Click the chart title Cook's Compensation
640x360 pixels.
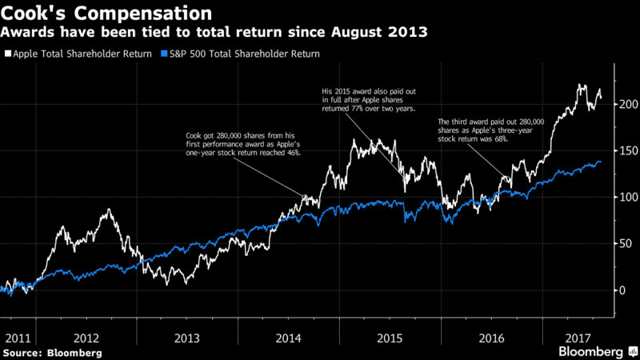(107, 14)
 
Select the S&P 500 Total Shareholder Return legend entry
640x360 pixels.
(240, 54)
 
